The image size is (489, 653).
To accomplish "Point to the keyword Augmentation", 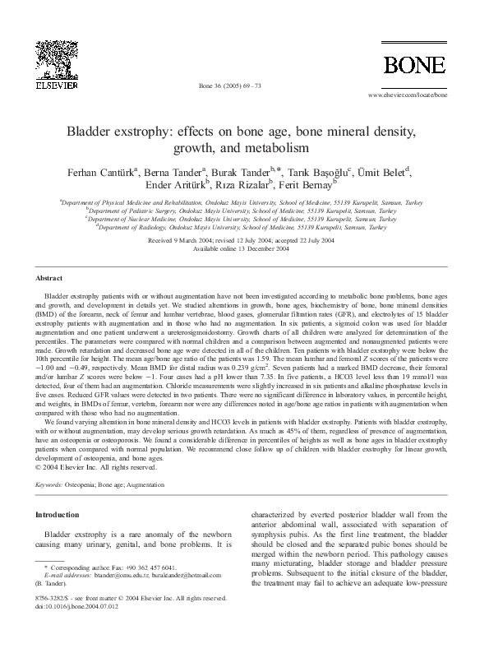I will (x=170, y=485).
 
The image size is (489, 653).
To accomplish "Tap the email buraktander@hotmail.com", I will (x=184, y=576).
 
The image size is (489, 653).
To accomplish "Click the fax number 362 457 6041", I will (x=154, y=567).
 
